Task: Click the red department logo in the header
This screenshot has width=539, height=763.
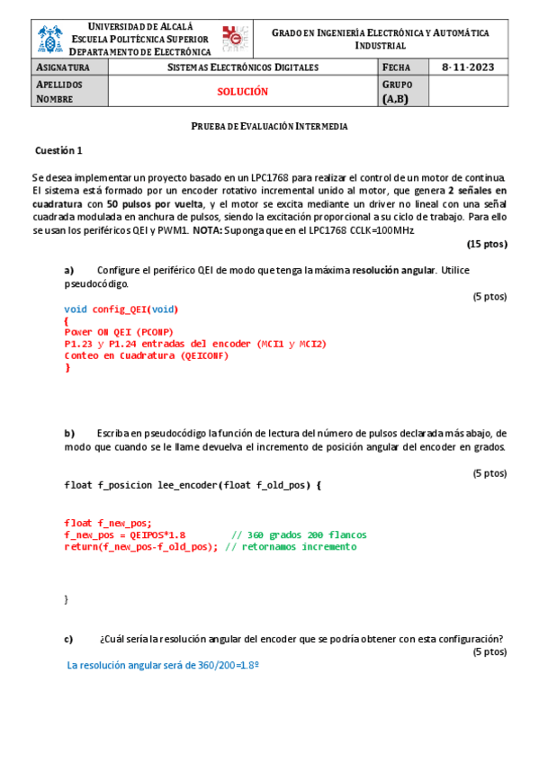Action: tap(238, 38)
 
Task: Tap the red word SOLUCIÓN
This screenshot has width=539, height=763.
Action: tap(243, 91)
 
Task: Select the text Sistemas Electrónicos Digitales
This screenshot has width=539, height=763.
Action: tap(243, 67)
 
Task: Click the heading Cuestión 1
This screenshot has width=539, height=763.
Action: tap(58, 150)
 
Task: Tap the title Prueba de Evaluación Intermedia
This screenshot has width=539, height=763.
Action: tap(270, 126)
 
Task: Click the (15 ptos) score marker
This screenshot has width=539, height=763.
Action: tap(487, 244)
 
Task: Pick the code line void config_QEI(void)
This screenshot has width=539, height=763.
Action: tap(121, 310)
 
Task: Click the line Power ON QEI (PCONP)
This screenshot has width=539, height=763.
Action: tap(119, 332)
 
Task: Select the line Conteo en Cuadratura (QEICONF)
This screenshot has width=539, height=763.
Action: tap(147, 355)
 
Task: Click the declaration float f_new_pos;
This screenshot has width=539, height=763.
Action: tap(108, 523)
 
